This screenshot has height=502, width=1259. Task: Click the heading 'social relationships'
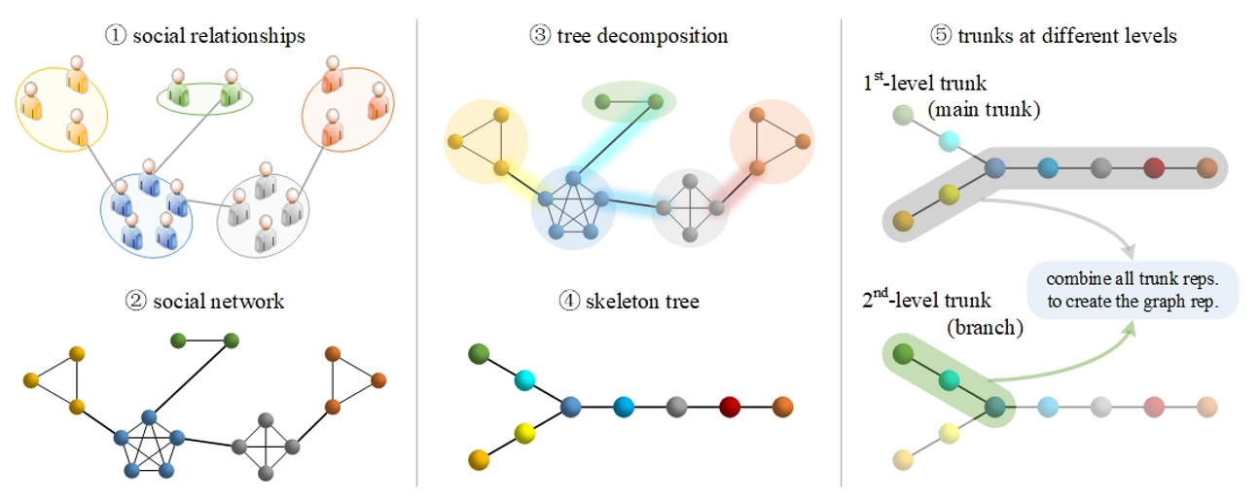(219, 37)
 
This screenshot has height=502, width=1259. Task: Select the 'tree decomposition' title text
(642, 37)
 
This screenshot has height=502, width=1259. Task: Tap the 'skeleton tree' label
(643, 302)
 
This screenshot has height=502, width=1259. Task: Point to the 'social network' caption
(218, 302)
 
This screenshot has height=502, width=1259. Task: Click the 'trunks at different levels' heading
(1066, 37)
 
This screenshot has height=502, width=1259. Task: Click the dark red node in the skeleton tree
(731, 407)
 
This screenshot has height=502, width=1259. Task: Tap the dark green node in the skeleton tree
(478, 352)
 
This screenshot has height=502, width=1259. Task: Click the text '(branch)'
(985, 328)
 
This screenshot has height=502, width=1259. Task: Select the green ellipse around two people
(204, 96)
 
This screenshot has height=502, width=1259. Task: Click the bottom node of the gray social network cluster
(268, 474)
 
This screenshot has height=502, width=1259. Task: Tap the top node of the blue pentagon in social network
(149, 417)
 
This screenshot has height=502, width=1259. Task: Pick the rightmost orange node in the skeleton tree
(783, 407)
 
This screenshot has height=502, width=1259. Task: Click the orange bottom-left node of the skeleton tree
(478, 458)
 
